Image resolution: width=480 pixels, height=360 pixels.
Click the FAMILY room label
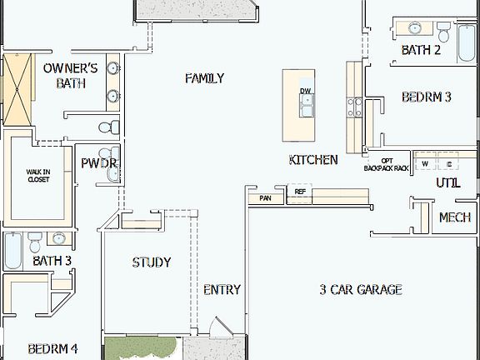(x=204, y=78)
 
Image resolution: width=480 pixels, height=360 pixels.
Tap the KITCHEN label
(x=313, y=160)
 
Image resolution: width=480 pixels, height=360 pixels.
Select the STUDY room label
(x=152, y=262)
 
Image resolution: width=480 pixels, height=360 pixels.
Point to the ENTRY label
(x=222, y=290)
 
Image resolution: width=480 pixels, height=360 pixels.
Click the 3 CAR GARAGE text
(x=361, y=290)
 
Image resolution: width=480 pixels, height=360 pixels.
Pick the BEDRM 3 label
(x=426, y=97)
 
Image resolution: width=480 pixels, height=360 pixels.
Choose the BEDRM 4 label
(x=52, y=348)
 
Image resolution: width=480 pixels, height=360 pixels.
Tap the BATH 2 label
(x=421, y=50)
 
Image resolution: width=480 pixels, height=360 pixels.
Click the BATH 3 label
(x=52, y=262)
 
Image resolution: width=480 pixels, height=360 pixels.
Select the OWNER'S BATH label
(x=71, y=75)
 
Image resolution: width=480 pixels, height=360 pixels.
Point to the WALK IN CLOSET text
(x=38, y=175)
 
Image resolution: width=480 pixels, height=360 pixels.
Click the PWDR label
(x=98, y=163)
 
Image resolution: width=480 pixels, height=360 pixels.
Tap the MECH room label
(x=454, y=217)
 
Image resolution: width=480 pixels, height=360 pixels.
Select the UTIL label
(x=447, y=183)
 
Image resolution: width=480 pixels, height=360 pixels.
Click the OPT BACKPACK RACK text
(x=387, y=164)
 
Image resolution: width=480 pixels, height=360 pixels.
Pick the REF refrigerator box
(x=300, y=192)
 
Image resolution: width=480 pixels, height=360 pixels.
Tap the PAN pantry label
(x=265, y=198)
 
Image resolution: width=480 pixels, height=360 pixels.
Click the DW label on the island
(x=306, y=90)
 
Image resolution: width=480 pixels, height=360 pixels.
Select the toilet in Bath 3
(x=34, y=242)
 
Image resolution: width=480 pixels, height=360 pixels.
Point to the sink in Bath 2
(x=414, y=28)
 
